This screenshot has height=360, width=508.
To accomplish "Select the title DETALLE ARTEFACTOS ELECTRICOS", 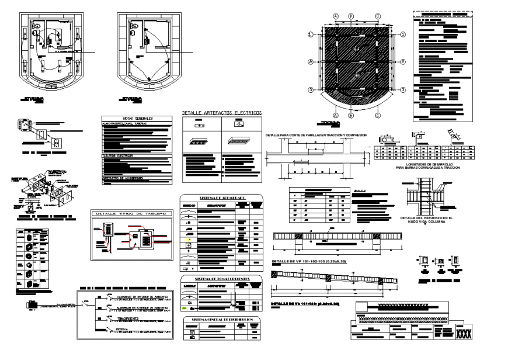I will point(222,113).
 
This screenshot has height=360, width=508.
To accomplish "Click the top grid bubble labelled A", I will point(335,16).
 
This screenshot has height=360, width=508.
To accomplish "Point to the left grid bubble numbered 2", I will point(311,62).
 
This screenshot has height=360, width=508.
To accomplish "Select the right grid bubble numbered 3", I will point(402,89).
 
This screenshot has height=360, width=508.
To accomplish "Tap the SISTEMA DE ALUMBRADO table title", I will point(222,198).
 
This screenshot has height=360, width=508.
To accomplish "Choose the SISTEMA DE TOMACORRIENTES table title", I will point(222,279).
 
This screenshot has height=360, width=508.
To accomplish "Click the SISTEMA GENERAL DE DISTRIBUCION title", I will point(222,320).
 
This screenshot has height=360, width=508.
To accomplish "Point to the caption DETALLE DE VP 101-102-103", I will point(309,261).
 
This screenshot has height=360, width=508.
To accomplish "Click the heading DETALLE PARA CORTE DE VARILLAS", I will point(315,135).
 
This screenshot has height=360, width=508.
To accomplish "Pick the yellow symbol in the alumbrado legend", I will point(189,240).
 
